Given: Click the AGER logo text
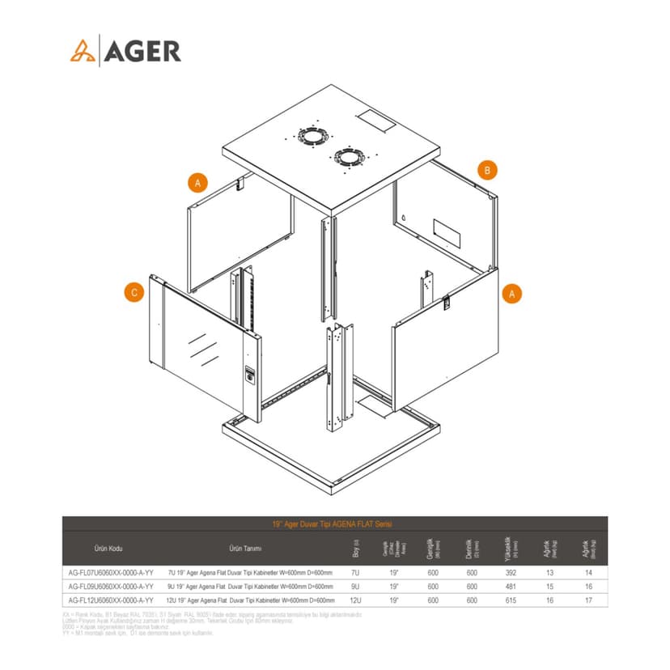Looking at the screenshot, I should coord(142,51).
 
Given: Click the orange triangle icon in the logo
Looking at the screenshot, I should coord(81,51).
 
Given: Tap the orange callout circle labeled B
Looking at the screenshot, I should coord(486,170).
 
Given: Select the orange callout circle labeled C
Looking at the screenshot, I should coord(135,293).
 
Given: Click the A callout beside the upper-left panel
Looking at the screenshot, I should coord(197,183).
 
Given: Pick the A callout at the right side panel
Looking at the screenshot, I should coord(511,293).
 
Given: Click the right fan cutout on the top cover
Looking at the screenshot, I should coord(349,157).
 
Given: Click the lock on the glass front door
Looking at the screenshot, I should coord(249,376).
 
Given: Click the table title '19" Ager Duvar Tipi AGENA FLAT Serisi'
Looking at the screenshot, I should coord(335,524).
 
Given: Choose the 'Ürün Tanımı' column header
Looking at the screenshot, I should coord(246,548).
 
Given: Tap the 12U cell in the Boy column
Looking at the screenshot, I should coord(356,600).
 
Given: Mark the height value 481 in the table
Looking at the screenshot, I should coord(511,586).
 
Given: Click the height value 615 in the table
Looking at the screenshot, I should coord(511,600).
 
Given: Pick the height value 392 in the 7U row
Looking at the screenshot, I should coord(511,572).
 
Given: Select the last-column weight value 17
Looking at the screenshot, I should coord(588,600).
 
